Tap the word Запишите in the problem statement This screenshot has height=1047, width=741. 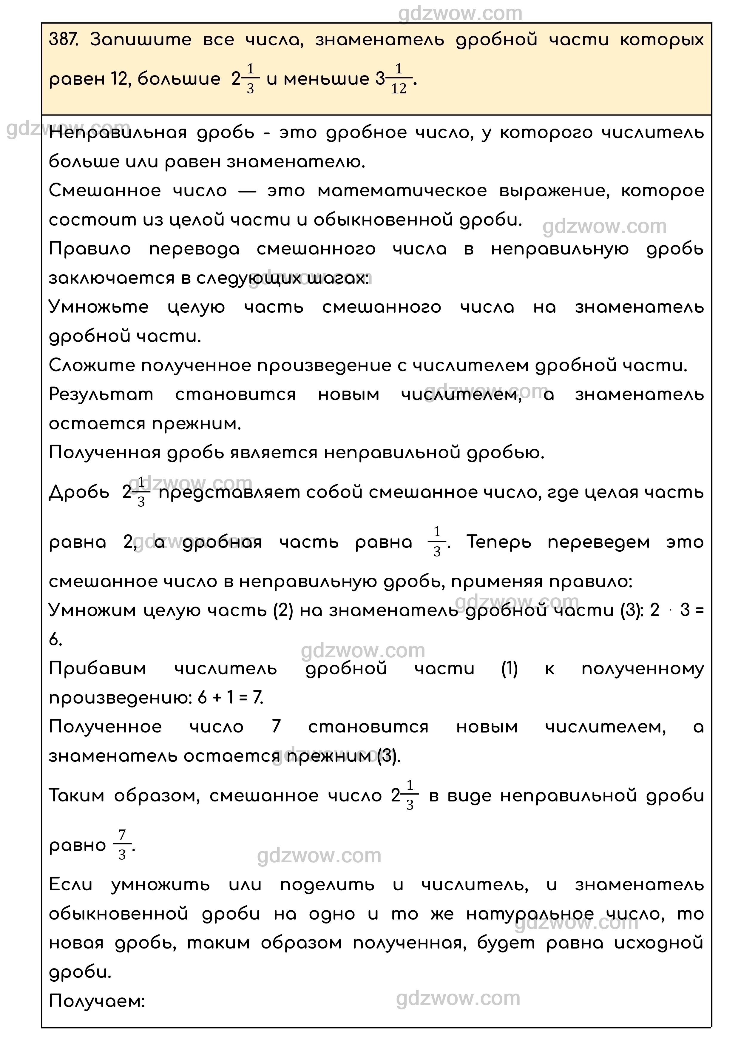141,40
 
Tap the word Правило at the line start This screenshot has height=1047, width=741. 89,249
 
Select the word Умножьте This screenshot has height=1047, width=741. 98,307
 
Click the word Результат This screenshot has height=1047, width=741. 101,394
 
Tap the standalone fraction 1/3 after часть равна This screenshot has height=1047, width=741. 437,542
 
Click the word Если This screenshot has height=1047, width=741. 70,885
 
